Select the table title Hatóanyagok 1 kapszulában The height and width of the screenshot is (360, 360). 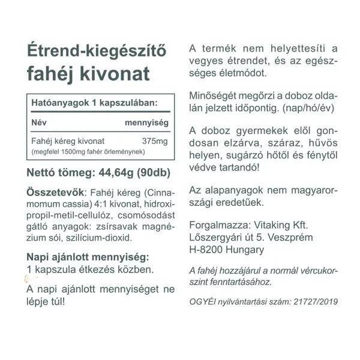click(x=94, y=104)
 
